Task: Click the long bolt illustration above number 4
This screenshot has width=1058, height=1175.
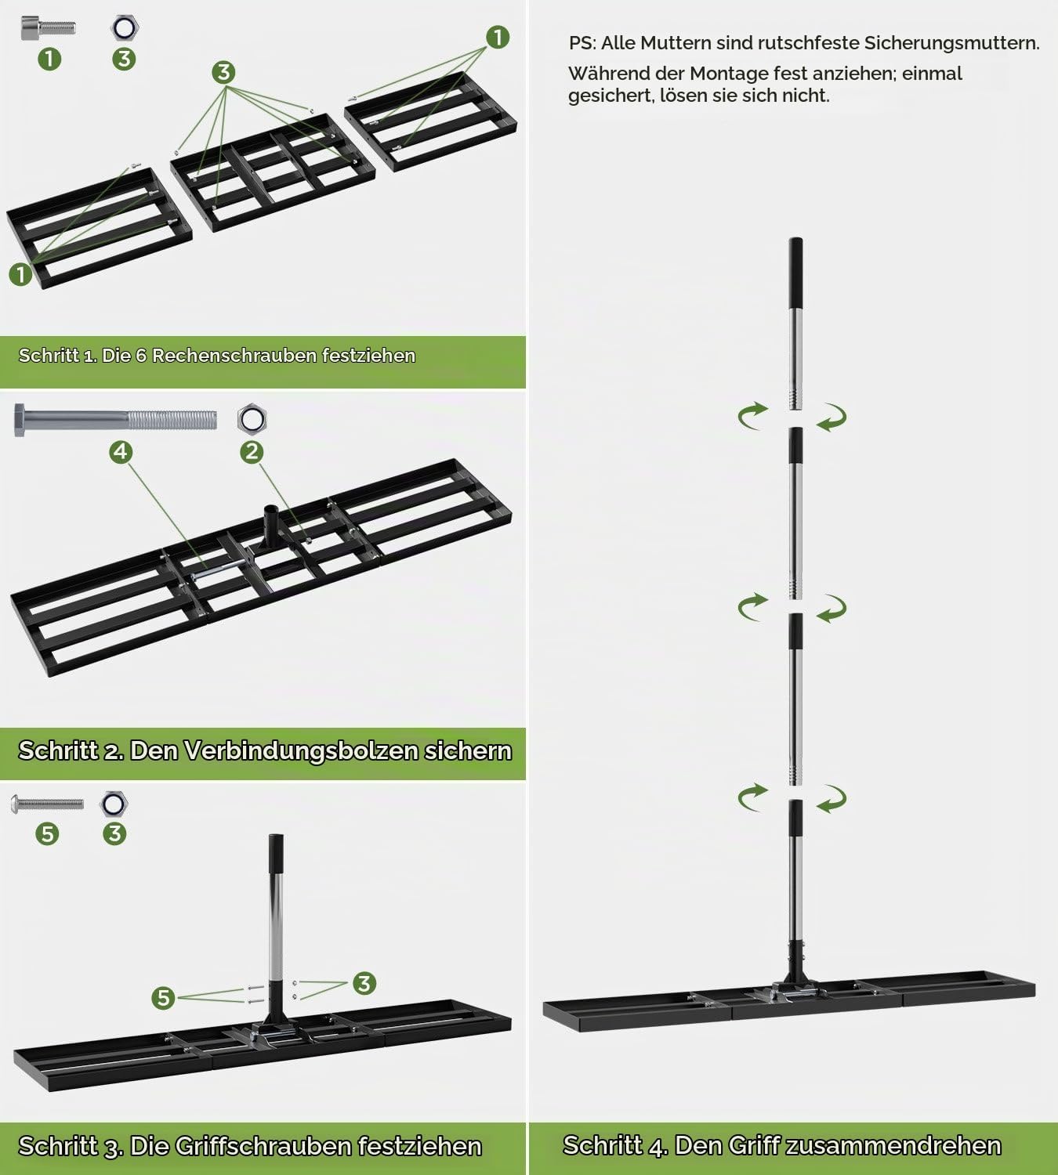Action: (115, 419)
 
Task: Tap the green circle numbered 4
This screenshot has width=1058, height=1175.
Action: (121, 452)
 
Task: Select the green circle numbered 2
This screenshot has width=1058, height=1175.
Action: (252, 452)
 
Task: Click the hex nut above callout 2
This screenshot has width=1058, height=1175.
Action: (252, 419)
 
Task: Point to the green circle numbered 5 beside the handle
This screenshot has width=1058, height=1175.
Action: (163, 998)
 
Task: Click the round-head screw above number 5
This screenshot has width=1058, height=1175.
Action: (48, 804)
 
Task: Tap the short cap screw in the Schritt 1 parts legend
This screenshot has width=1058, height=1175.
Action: (48, 27)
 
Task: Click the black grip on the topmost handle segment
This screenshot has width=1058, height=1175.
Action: (795, 273)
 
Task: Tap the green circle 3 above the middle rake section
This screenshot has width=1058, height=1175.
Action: (223, 72)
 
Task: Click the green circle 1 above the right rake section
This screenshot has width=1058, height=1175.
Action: (498, 38)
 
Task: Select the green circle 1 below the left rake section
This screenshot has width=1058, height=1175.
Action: (20, 273)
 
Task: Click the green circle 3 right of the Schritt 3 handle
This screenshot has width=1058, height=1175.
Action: (364, 983)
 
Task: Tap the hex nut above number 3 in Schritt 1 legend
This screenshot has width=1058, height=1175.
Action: (125, 27)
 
